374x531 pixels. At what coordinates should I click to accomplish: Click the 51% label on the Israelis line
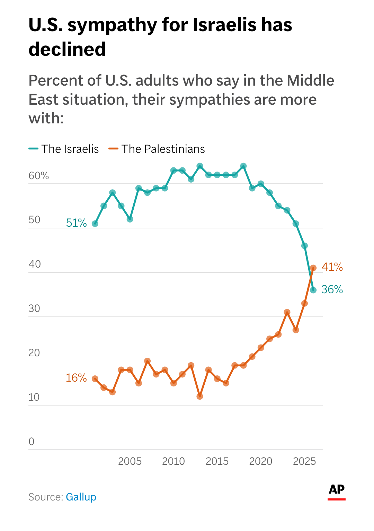pos(76,223)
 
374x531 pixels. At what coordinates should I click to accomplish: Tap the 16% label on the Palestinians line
pos(76,378)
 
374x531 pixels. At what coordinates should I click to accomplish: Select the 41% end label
pos(332,267)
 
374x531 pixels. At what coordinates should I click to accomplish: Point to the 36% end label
pos(332,289)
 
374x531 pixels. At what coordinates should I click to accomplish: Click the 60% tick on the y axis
pos(38,176)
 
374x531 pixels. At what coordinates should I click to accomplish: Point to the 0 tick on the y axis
pos(32,442)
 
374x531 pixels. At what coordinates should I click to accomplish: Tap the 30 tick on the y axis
pos(34,308)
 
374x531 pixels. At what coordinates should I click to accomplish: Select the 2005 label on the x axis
pos(130,461)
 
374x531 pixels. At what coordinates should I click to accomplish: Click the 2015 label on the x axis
pos(217,461)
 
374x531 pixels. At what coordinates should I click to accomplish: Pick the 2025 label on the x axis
pos(304,461)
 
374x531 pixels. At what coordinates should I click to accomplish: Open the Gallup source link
pos(81,497)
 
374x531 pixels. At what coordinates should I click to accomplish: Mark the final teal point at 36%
pos(313,290)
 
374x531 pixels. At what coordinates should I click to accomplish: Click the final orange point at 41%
pos(313,268)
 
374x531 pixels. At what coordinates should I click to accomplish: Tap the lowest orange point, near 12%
pos(200,397)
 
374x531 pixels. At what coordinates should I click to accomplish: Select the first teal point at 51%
pos(95,224)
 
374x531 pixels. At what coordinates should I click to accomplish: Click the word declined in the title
pos(67,49)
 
